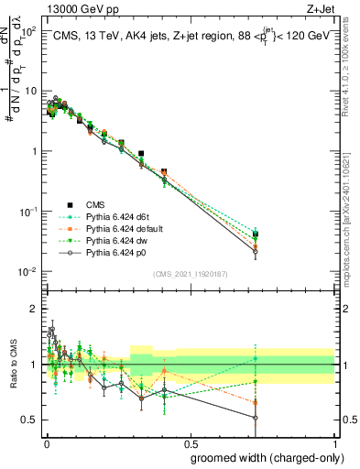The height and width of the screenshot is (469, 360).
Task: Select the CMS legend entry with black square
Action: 77,205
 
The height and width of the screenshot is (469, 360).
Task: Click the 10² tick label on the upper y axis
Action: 28,31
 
